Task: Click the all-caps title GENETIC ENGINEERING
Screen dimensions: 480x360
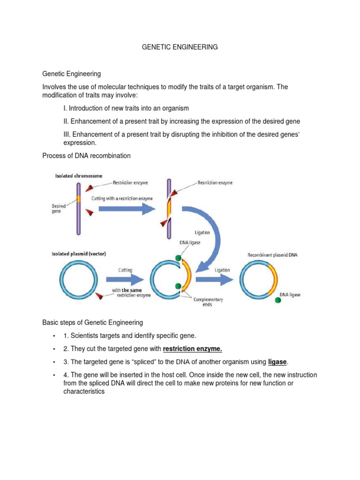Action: point(180,47)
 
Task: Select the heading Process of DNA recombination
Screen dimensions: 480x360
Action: point(86,156)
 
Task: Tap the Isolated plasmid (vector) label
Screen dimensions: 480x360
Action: point(78,254)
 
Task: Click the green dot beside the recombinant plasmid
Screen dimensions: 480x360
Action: point(278,300)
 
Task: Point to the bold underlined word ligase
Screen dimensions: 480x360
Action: point(277,362)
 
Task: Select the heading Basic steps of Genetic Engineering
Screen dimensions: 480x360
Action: point(92,322)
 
